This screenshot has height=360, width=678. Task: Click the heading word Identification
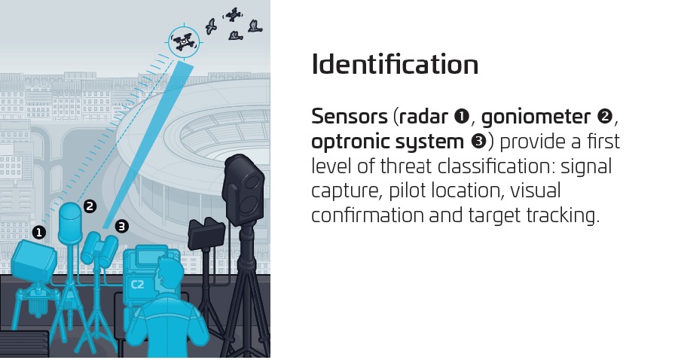[x=395, y=65]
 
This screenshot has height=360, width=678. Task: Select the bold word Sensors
[x=350, y=117]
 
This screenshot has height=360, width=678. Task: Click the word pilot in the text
[x=408, y=191]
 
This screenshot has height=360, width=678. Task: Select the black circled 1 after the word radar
[x=462, y=117]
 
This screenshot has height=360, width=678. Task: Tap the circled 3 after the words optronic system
[x=478, y=142]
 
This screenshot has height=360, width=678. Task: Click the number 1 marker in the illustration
[x=39, y=233]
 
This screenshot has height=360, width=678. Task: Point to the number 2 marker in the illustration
[x=90, y=206]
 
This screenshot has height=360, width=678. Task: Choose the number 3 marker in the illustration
[x=122, y=226]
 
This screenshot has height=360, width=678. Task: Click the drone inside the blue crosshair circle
[x=184, y=42]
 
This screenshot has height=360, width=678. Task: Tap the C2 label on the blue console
[x=137, y=285]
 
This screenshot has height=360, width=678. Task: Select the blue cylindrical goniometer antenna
[x=70, y=223]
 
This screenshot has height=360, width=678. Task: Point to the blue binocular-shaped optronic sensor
[x=100, y=249]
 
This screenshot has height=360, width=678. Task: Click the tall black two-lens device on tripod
[x=243, y=190]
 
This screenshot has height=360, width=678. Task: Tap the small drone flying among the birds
[x=234, y=15]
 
